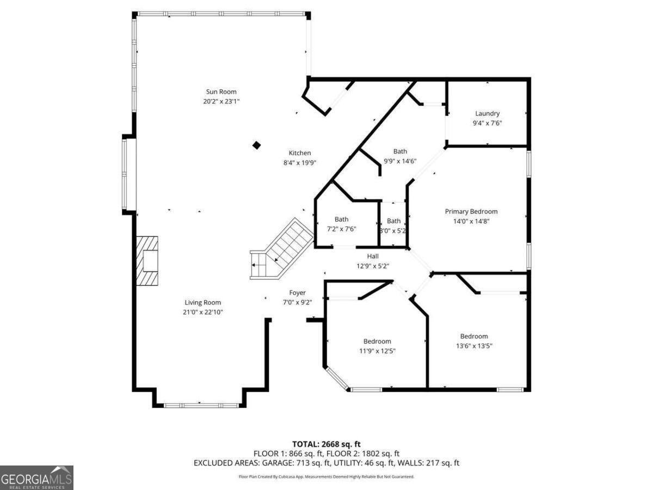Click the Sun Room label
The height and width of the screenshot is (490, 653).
(x=221, y=91)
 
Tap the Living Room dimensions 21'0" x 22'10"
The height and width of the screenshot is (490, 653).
(x=203, y=312)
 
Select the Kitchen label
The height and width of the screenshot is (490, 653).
(x=300, y=153)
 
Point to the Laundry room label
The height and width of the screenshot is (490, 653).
(x=487, y=113)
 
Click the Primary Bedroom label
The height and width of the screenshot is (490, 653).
(x=471, y=211)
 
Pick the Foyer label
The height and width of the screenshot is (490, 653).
(x=297, y=293)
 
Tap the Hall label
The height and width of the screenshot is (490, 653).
(x=373, y=256)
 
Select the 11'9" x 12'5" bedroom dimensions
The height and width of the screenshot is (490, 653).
(x=377, y=351)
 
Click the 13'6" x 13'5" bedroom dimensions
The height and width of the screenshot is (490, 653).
(x=474, y=346)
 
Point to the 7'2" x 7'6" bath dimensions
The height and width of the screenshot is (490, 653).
(x=342, y=229)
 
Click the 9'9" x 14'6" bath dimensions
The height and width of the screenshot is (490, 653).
(x=400, y=161)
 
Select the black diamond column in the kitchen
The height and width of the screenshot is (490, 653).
(x=256, y=145)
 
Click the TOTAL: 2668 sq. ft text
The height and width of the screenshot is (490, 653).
(x=326, y=443)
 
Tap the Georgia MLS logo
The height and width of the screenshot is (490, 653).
(x=36, y=477)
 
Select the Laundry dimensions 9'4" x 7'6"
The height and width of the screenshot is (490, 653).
(x=487, y=123)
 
